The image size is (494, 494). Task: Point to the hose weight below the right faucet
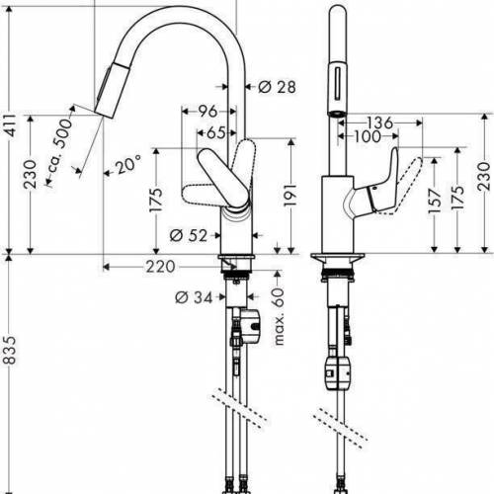pos(334,373)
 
